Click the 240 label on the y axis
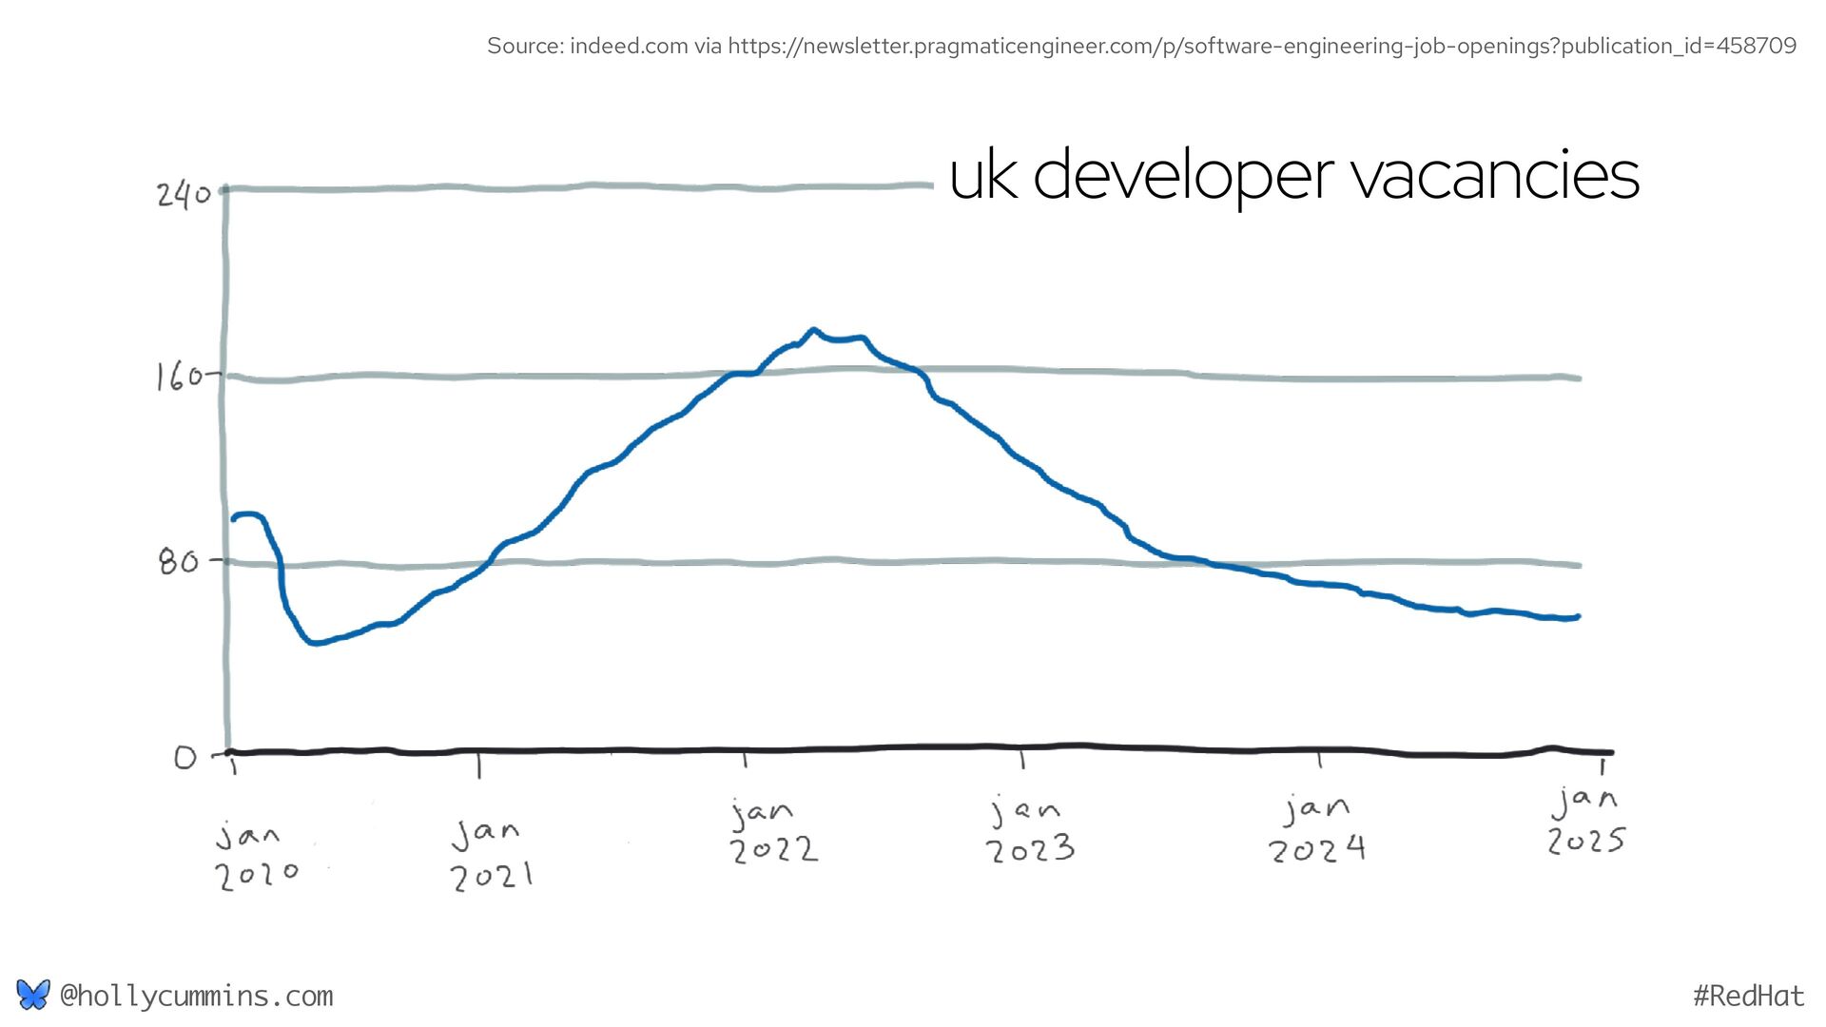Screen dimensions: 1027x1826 click(x=184, y=195)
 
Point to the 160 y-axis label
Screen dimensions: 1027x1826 click(x=179, y=378)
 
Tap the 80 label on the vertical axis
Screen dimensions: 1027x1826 click(x=179, y=562)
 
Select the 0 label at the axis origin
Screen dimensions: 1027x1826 click(x=185, y=758)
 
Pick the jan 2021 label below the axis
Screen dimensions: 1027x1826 click(x=490, y=855)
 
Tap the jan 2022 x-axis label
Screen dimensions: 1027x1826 click(x=772, y=830)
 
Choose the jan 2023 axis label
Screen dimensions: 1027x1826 click(x=1029, y=830)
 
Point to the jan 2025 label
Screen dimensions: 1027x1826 click(x=1585, y=820)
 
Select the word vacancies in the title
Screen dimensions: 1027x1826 click(x=1495, y=176)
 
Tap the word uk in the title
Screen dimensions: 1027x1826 click(x=982, y=176)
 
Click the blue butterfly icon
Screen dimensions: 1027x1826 click(x=32, y=995)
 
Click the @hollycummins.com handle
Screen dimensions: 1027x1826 click(x=196, y=996)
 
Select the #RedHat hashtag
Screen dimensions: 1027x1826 click(x=1748, y=996)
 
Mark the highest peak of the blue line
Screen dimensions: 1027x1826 click(x=813, y=330)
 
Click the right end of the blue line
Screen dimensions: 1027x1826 click(x=1578, y=617)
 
